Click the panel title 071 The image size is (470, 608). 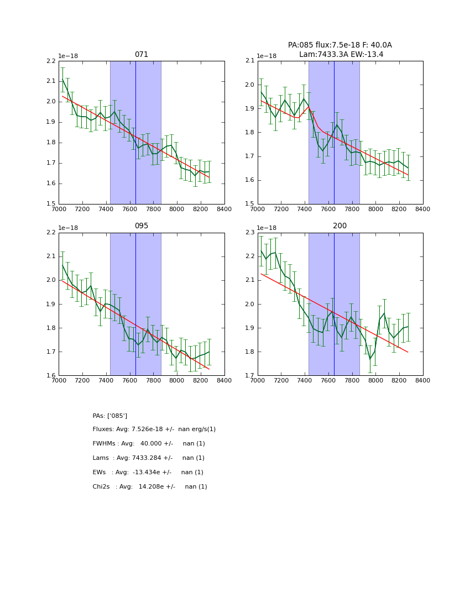142,55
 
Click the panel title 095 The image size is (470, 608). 142,226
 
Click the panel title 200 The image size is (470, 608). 340,226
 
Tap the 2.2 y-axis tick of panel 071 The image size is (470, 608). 51,61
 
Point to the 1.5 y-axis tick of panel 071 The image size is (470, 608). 51,204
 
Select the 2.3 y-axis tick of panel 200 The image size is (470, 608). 249,233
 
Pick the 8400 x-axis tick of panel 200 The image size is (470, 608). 422,380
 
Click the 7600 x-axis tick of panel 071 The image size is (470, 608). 129,209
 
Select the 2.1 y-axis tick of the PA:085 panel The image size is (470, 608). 249,61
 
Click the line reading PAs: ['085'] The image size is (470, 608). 110,416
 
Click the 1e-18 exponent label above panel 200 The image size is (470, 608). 267,228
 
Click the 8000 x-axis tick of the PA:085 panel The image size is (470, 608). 375,209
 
